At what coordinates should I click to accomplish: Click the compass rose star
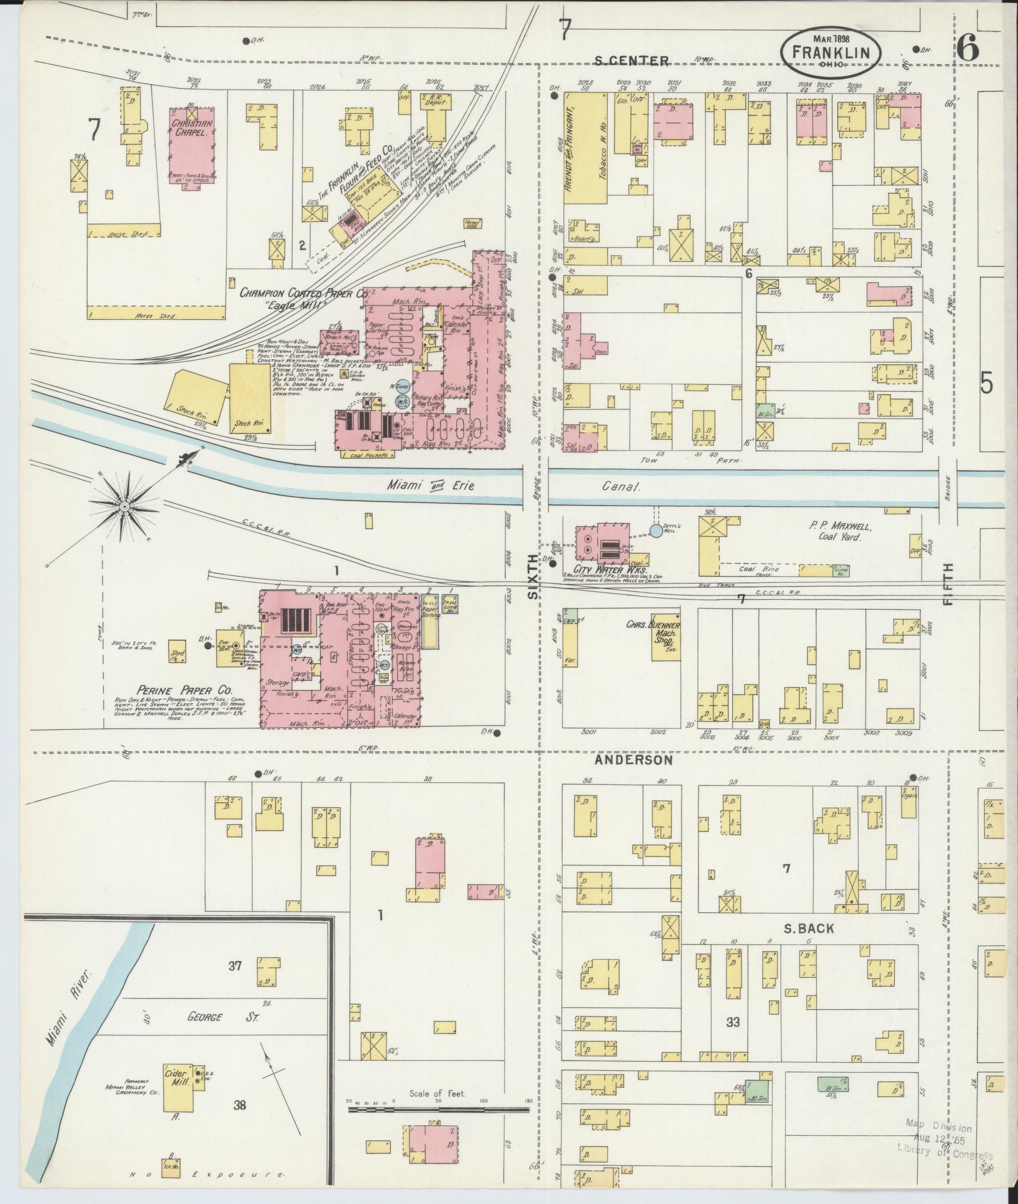(x=125, y=505)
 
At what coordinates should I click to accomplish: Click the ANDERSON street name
(x=633, y=760)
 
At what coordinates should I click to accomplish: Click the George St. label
(x=206, y=1017)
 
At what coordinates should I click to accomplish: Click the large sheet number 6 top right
(x=968, y=49)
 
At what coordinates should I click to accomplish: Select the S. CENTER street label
(x=632, y=61)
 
